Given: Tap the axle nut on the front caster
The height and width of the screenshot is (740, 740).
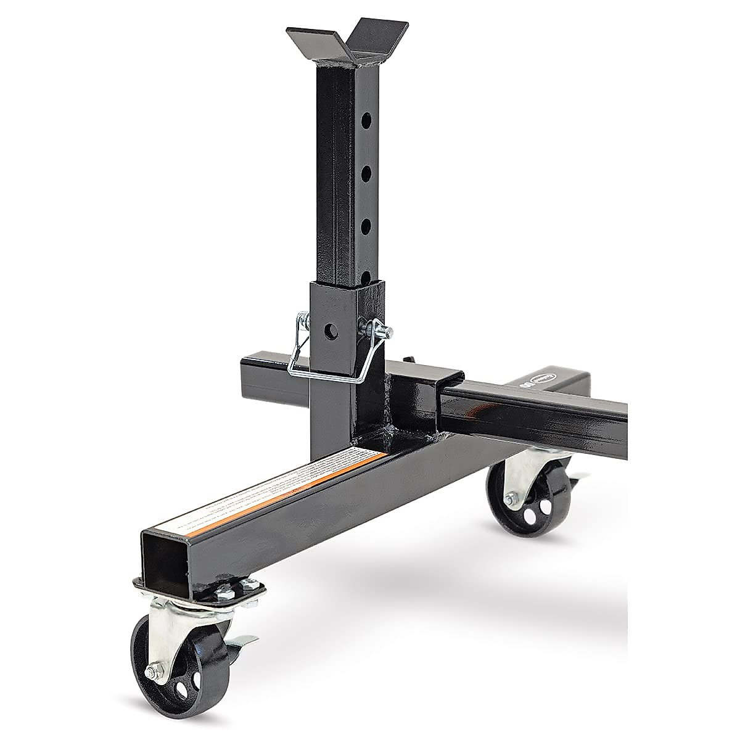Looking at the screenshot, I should [x=152, y=672].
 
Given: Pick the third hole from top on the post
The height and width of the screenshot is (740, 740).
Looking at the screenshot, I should [x=366, y=224].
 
